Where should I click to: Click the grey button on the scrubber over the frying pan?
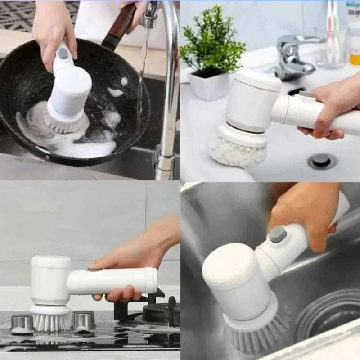[63, 53]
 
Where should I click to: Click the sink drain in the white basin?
[322, 161]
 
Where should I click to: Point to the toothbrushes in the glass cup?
[332, 31]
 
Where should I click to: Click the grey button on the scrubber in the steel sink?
[278, 234]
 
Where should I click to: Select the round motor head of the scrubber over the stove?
[50, 279]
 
